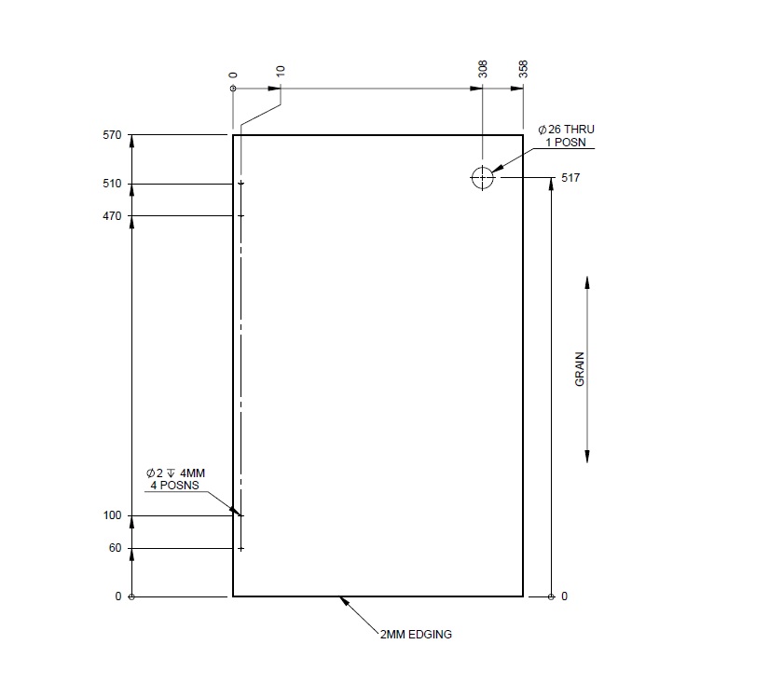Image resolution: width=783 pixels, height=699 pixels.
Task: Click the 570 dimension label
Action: coord(113,135)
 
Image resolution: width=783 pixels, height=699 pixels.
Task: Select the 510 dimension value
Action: coord(113,184)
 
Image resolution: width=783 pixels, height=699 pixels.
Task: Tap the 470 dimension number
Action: coord(113,216)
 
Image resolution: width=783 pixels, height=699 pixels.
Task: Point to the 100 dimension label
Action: coord(113,515)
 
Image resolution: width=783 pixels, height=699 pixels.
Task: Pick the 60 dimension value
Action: coord(116,548)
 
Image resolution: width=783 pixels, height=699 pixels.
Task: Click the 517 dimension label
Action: coord(570,177)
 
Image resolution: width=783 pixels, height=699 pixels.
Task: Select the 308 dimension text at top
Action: coord(482,69)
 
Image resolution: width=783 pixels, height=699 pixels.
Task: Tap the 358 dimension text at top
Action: coord(523,69)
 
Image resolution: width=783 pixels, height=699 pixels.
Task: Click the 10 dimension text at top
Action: coord(281,72)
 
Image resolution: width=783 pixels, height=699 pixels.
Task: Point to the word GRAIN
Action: coord(580,369)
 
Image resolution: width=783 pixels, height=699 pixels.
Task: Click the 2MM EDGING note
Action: coord(417,635)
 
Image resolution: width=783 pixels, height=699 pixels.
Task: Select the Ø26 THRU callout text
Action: coord(566,129)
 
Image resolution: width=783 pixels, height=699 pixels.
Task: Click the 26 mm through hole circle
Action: coord(483,178)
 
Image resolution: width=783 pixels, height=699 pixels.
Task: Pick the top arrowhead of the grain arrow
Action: coord(586,281)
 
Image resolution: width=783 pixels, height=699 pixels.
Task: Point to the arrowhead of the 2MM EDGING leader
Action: coord(343,600)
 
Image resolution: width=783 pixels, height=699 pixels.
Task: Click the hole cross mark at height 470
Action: coord(240,216)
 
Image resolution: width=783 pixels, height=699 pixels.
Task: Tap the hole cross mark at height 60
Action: coord(240,548)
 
